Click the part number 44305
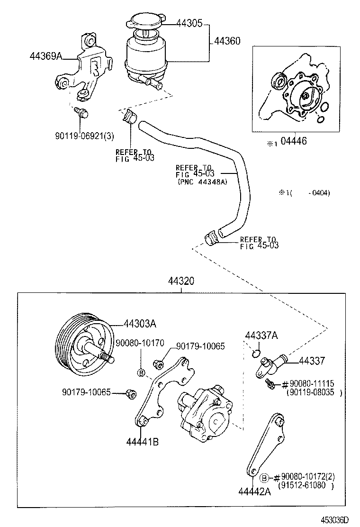[x=189, y=23]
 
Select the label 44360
[x=227, y=42]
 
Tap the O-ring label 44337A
[x=261, y=336]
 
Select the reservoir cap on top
[x=145, y=22]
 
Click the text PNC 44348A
[x=202, y=182]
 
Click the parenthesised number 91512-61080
[x=307, y=485]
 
